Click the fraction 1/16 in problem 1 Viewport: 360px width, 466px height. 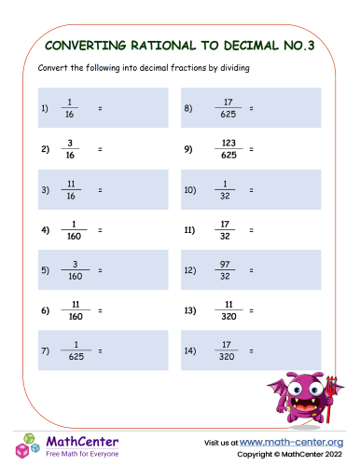[71, 108]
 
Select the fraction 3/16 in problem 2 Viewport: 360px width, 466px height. [71, 148]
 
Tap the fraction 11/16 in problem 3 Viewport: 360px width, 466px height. [71, 188]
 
